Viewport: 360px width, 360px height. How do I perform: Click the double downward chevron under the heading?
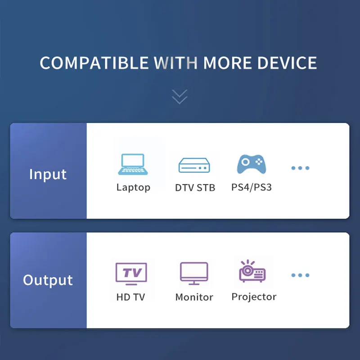tap(180, 96)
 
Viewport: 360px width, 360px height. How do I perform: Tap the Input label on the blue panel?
tap(48, 174)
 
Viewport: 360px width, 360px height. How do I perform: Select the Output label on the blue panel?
tap(48, 280)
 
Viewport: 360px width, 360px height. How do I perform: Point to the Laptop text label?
tap(133, 187)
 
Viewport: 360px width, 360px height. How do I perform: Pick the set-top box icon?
tap(194, 165)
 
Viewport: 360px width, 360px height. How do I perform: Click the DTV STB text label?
tap(195, 188)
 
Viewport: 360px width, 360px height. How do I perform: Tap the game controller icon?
tap(252, 164)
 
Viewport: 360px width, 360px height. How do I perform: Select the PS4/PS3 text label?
tap(252, 187)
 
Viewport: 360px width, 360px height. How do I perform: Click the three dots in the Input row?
tap(300, 168)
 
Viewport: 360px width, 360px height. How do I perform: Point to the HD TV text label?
tap(130, 297)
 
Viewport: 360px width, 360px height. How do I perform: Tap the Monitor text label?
tap(194, 297)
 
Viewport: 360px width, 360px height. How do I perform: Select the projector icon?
tap(252, 271)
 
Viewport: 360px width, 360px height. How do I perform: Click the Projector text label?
tap(254, 297)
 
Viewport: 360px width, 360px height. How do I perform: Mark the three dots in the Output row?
tap(300, 275)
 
